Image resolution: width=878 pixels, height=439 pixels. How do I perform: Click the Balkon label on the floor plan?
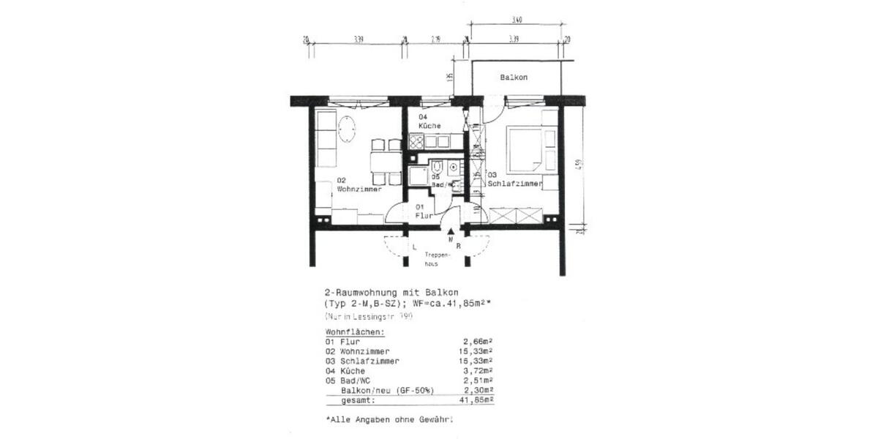[514, 78]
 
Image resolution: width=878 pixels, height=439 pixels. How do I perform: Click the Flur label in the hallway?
[424, 212]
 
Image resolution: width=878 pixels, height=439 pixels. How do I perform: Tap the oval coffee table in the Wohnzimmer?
[347, 129]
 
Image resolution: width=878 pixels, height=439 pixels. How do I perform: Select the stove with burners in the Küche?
[417, 142]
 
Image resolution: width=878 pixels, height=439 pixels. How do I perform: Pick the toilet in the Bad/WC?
[437, 166]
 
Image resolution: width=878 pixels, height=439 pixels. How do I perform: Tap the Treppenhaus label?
[435, 259]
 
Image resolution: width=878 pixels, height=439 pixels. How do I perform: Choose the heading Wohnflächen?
[355, 332]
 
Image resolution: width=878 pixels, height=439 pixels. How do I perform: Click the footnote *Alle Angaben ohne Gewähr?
[389, 421]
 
